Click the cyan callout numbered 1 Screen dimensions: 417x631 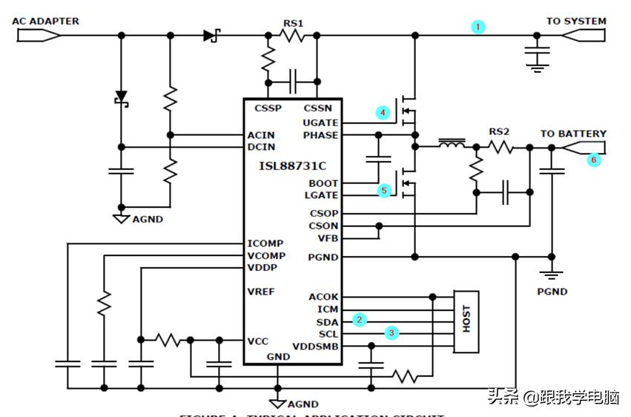[x=479, y=27]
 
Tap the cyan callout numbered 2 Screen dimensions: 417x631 [x=360, y=320]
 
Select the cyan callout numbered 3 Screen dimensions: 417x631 [x=392, y=333]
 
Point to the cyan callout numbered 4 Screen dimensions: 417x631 [x=383, y=113]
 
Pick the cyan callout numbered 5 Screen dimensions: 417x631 [x=383, y=190]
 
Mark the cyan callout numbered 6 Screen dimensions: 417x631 [x=594, y=159]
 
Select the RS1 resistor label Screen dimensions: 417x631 [x=293, y=24]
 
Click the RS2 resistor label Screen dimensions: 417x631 [x=499, y=132]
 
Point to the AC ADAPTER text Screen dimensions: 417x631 [x=45, y=21]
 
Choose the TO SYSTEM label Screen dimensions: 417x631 [x=576, y=22]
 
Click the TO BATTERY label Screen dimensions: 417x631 [x=573, y=134]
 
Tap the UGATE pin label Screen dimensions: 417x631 [x=320, y=122]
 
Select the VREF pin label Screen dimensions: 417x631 [x=261, y=292]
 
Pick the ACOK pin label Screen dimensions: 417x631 [x=323, y=298]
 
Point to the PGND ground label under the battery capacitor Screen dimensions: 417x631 [x=552, y=292]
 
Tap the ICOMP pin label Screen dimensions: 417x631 [x=265, y=243]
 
